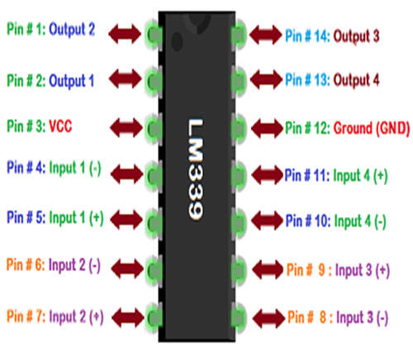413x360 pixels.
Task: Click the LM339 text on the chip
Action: pyautogui.click(x=196, y=169)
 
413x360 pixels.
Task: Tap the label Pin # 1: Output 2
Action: pyautogui.click(x=51, y=29)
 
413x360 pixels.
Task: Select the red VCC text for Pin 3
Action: pyautogui.click(x=60, y=126)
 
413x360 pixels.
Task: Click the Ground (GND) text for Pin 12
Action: pyautogui.click(x=372, y=128)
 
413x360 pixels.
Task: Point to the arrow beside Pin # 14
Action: pyautogui.click(x=266, y=35)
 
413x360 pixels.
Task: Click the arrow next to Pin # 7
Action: pyautogui.click(x=128, y=318)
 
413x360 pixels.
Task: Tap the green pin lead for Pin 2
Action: pyautogui.click(x=154, y=81)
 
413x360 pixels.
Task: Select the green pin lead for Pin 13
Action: pyautogui.click(x=238, y=80)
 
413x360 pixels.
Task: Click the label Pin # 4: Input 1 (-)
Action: pyautogui.click(x=54, y=168)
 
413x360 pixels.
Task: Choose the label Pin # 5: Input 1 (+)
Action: pyautogui.click(x=55, y=218)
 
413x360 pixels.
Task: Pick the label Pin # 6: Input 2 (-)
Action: pyautogui.click(x=54, y=265)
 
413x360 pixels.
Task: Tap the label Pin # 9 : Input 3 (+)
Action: pyautogui.click(x=338, y=270)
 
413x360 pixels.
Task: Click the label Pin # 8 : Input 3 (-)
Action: pyautogui.click(x=338, y=318)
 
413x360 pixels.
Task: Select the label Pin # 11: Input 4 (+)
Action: pyautogui.click(x=336, y=176)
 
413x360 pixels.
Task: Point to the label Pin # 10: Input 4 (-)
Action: pyautogui.click(x=336, y=221)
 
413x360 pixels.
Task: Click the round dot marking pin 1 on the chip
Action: pyautogui.click(x=177, y=42)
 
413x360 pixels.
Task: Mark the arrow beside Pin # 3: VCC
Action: pyautogui.click(x=126, y=128)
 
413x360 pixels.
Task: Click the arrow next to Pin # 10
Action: pyautogui.click(x=268, y=220)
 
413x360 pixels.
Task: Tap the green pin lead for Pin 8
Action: pyautogui.click(x=238, y=318)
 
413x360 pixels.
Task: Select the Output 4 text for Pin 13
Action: pyautogui.click(x=357, y=80)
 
